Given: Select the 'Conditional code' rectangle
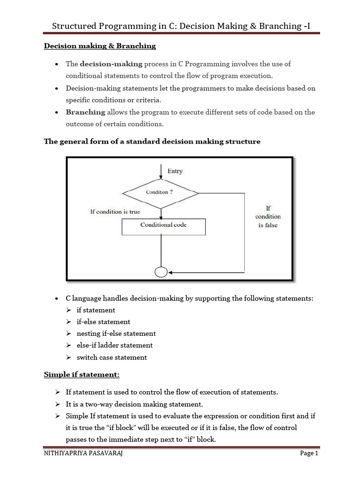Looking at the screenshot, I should click(164, 225).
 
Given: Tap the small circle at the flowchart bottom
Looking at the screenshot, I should click(161, 272).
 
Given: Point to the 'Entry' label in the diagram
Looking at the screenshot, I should click(175, 171).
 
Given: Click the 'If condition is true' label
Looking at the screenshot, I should click(115, 212).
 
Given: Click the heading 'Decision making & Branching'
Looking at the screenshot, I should click(100, 46).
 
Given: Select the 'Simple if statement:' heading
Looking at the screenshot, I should click(82, 375).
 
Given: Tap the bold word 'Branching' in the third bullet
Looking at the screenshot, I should click(86, 112).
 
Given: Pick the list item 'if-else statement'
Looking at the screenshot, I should click(103, 322).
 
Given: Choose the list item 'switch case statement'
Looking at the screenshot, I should click(112, 357).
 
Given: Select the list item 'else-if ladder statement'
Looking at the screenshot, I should click(114, 345).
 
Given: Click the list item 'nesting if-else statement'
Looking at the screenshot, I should click(116, 333).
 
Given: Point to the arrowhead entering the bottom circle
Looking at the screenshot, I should click(171, 272).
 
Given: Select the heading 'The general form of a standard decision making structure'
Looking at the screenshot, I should click(152, 141).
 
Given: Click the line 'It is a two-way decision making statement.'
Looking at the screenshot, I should click(134, 404).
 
